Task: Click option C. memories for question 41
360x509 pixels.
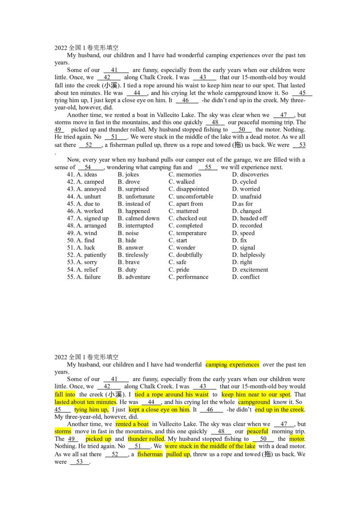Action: point(184,174)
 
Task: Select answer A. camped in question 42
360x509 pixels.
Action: point(85,182)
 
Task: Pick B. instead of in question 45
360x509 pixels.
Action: point(134,204)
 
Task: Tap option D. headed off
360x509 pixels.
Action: point(250,219)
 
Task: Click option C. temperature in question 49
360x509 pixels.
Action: point(188,233)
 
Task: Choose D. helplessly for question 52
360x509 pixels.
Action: point(248,255)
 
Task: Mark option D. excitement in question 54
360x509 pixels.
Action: point(250,270)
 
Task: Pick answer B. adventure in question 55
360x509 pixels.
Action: point(134,277)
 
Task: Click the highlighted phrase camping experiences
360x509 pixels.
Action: point(232,365)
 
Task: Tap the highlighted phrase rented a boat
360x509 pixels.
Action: point(132,424)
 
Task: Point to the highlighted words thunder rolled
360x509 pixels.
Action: point(146,439)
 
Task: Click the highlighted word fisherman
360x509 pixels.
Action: point(150,454)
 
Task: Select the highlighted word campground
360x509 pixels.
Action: point(254,402)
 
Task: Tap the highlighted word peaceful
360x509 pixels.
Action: point(257,431)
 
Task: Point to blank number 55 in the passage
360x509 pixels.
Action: point(208,168)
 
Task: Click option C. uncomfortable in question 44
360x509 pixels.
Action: point(191,196)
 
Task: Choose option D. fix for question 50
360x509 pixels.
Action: point(239,241)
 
